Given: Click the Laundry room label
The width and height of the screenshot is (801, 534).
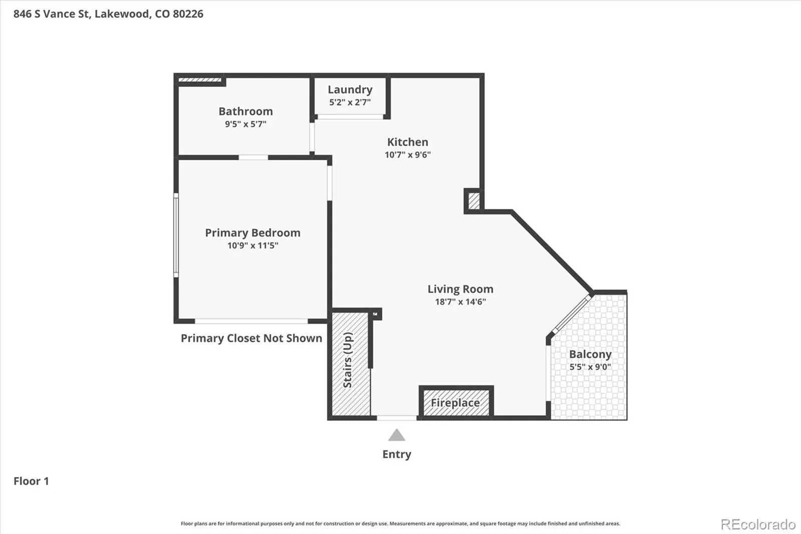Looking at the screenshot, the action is click(350, 90).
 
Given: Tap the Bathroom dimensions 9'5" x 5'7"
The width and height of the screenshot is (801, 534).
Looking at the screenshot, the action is click(246, 124).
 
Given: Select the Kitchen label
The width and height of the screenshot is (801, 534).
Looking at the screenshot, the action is click(408, 142).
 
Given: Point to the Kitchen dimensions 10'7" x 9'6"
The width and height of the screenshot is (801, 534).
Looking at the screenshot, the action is click(408, 155).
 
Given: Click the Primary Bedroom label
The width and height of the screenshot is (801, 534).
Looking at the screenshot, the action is click(252, 233).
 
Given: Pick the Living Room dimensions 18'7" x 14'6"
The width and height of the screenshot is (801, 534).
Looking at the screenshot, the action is click(460, 302).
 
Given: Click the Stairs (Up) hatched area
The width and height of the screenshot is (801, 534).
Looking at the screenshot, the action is click(351, 364).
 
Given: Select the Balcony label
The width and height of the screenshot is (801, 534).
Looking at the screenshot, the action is click(590, 354).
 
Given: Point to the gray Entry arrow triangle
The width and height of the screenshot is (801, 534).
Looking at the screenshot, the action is click(396, 435).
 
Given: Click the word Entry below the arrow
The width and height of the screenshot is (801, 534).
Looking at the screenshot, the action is click(396, 454).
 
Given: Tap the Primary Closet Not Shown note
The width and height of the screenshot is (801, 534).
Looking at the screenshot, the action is click(251, 338).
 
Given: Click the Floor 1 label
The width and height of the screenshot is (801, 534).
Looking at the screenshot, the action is click(31, 481).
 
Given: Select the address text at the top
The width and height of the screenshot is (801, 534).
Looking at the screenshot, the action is click(108, 14).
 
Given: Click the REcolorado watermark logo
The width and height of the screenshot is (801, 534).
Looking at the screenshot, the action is click(758, 524).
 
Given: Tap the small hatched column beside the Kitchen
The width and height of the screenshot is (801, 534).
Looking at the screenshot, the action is click(474, 201).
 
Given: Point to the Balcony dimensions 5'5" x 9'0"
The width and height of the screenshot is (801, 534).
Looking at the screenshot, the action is click(590, 367).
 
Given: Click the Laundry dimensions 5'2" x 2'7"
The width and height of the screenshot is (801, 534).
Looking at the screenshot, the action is click(350, 102).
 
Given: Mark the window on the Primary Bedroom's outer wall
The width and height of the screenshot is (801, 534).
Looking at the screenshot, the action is click(176, 235).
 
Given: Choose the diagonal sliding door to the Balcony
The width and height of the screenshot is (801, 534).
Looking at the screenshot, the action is click(572, 313).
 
